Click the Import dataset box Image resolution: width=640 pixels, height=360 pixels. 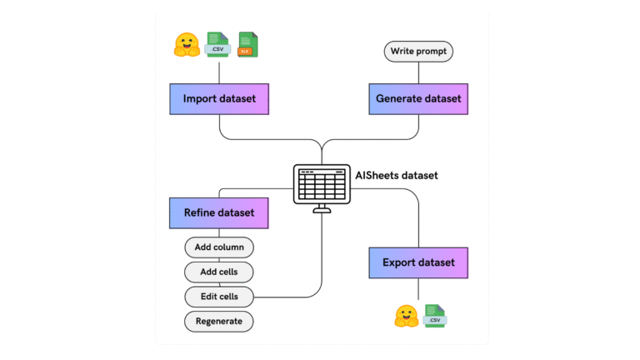[218, 98]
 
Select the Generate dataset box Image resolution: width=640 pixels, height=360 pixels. [418, 98]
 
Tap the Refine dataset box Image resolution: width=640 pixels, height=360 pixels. [218, 212]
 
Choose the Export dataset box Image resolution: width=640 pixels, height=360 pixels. [418, 262]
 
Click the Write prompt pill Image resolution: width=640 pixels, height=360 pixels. [418, 52]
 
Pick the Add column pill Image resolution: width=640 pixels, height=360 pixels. [218, 247]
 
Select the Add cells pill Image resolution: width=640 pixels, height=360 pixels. [218, 272]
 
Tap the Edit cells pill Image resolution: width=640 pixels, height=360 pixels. [218, 296]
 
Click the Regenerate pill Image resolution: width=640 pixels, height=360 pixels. [218, 321]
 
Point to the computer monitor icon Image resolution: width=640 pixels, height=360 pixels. [321, 186]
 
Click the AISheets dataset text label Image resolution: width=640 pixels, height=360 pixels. [395, 175]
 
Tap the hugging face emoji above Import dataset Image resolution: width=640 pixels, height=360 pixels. [186, 44]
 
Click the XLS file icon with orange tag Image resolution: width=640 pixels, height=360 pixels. [247, 44]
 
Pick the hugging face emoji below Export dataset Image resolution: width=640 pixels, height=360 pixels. [406, 317]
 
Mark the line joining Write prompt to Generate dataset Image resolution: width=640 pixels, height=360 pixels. [418, 72]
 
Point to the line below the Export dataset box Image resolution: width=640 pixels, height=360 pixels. [418, 289]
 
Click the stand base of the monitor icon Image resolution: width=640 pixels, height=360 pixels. [321, 211]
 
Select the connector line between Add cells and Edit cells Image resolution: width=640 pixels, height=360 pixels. [218, 284]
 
